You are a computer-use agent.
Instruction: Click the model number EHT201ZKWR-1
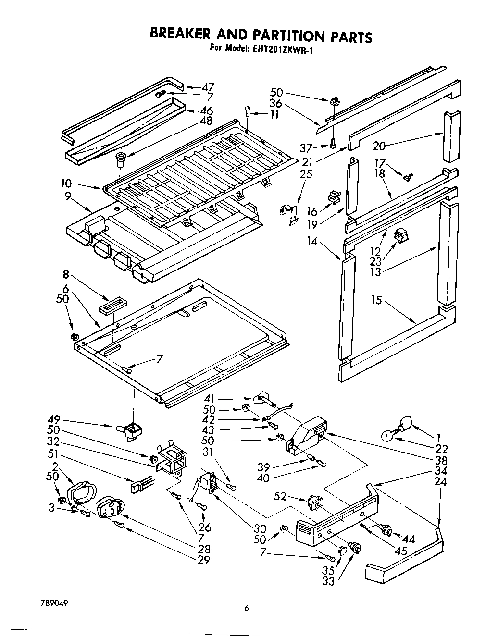282,49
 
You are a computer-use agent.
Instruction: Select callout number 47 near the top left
207,87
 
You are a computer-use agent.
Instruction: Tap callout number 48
206,122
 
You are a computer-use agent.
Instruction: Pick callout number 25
306,173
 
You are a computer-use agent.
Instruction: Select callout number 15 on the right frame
376,300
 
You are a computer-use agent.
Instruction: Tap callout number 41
209,398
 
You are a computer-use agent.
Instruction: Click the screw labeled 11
248,110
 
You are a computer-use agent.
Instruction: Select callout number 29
204,559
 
